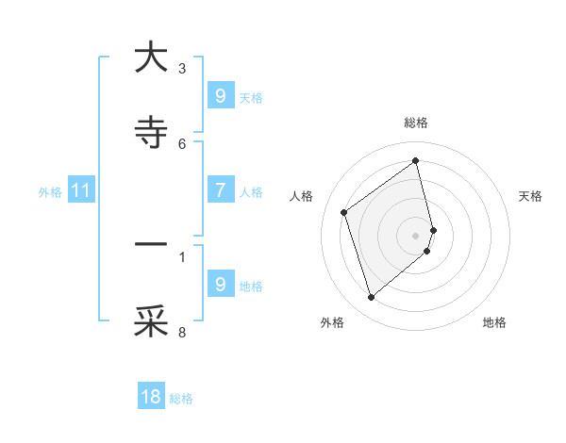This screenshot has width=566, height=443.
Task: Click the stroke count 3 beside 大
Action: click(182, 68)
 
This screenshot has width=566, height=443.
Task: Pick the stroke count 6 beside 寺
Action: click(182, 143)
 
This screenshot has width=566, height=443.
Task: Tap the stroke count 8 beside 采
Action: click(182, 332)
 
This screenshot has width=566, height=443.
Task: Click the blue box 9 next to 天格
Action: click(220, 95)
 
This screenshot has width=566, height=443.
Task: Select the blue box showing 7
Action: click(220, 190)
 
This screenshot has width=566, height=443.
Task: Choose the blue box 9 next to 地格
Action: click(220, 285)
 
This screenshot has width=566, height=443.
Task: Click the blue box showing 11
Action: click(81, 190)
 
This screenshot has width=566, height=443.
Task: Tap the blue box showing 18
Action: click(151, 397)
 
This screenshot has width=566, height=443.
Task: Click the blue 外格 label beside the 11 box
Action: click(50, 192)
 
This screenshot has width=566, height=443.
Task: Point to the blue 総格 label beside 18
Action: click(181, 399)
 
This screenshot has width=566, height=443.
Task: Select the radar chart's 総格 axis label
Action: click(416, 123)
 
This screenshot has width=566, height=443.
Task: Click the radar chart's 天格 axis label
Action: click(531, 196)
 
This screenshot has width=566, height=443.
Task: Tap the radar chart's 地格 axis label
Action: click(494, 322)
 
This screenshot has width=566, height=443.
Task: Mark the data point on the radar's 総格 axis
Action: click(416, 161)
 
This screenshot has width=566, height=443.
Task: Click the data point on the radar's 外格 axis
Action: click(371, 298)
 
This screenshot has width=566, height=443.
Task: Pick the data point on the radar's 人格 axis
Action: click(344, 212)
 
